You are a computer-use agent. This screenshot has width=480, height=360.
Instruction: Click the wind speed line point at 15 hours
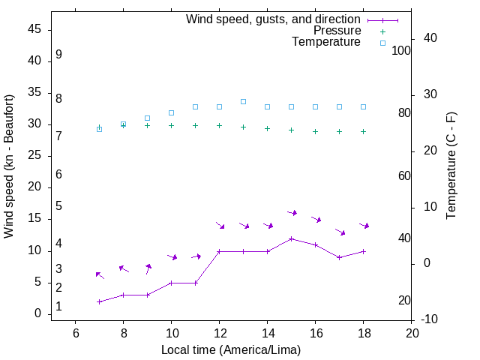[x=292, y=238]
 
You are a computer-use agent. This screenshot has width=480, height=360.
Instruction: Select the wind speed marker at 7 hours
[x=99, y=301]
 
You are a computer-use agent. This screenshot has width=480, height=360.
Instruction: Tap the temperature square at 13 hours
[x=244, y=101]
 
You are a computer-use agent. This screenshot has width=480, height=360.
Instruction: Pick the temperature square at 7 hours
[x=99, y=129]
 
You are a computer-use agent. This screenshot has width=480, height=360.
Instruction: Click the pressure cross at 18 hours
[x=364, y=131]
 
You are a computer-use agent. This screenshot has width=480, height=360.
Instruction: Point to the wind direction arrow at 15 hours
[x=292, y=213]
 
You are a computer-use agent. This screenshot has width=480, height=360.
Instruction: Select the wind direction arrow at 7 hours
[x=100, y=275]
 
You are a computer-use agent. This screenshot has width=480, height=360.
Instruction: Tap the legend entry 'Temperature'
[x=326, y=42]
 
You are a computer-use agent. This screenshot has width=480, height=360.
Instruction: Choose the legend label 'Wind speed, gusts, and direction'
[x=274, y=19]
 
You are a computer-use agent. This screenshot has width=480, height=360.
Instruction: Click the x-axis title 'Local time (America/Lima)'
[x=231, y=349]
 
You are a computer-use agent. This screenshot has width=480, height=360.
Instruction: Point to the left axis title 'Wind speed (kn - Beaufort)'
[x=9, y=166]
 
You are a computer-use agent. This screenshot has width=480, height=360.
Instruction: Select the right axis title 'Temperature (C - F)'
[x=451, y=166]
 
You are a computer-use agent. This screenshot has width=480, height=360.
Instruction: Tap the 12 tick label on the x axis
[x=219, y=333]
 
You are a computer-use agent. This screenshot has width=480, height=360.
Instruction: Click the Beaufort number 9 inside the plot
[x=58, y=55]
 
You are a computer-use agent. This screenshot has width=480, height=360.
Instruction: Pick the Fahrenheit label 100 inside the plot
[x=401, y=51]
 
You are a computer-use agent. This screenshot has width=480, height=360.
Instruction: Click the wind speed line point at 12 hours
[x=219, y=251]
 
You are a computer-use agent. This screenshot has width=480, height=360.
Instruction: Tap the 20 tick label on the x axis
[x=412, y=333]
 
